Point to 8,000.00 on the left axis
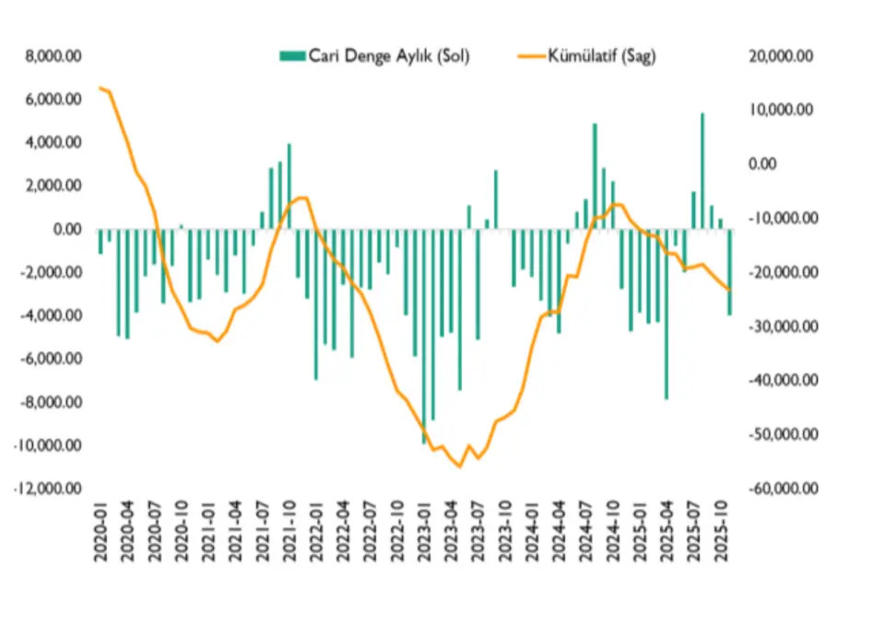(x=54, y=56)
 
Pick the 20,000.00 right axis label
(x=780, y=56)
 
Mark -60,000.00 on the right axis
(x=777, y=489)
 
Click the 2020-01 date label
(x=100, y=529)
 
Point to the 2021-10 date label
(x=289, y=529)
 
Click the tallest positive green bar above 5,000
(x=702, y=171)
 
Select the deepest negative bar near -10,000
(x=425, y=336)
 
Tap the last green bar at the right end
(x=729, y=272)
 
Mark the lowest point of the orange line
(x=459, y=466)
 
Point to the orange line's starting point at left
(x=100, y=88)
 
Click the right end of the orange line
(x=729, y=289)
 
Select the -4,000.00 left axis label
(x=53, y=316)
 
